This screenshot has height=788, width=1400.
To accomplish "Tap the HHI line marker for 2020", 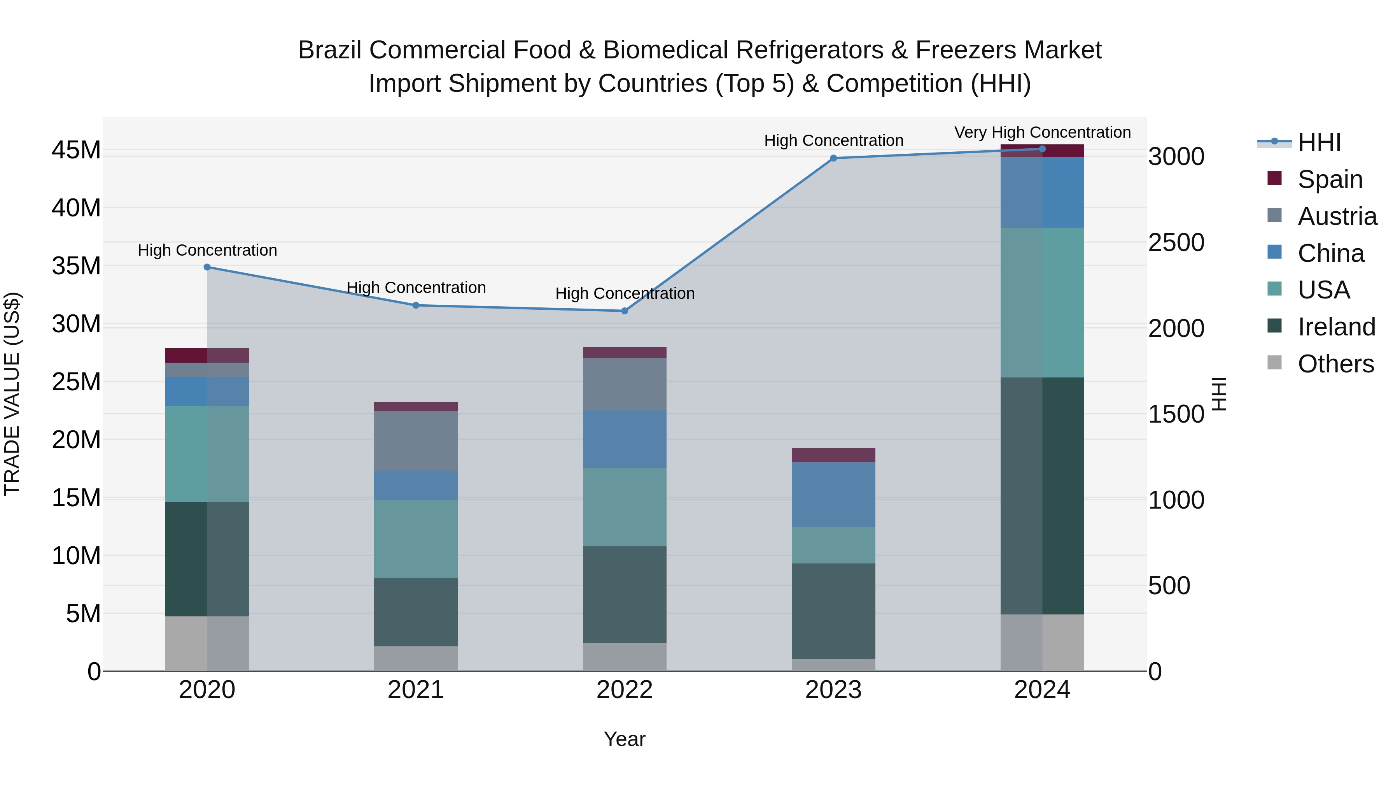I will (207, 267).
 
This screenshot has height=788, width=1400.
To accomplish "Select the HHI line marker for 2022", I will (625, 311).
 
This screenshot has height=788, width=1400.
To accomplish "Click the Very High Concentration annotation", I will (1042, 132).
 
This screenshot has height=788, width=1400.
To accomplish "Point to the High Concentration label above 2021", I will (416, 287).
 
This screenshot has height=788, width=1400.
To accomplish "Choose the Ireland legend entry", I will (1336, 327).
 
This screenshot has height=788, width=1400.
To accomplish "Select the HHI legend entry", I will (1319, 142).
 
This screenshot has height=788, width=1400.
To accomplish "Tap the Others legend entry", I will (1335, 364).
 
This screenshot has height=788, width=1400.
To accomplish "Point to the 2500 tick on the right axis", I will (1176, 242).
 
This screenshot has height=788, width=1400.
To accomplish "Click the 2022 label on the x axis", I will (625, 690).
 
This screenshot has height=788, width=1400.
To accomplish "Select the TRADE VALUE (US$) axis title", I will (12, 394).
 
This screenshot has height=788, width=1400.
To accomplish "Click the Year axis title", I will (625, 739).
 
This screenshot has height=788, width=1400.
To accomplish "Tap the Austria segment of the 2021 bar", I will (416, 441).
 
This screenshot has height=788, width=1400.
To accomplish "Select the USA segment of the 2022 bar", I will (625, 506).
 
